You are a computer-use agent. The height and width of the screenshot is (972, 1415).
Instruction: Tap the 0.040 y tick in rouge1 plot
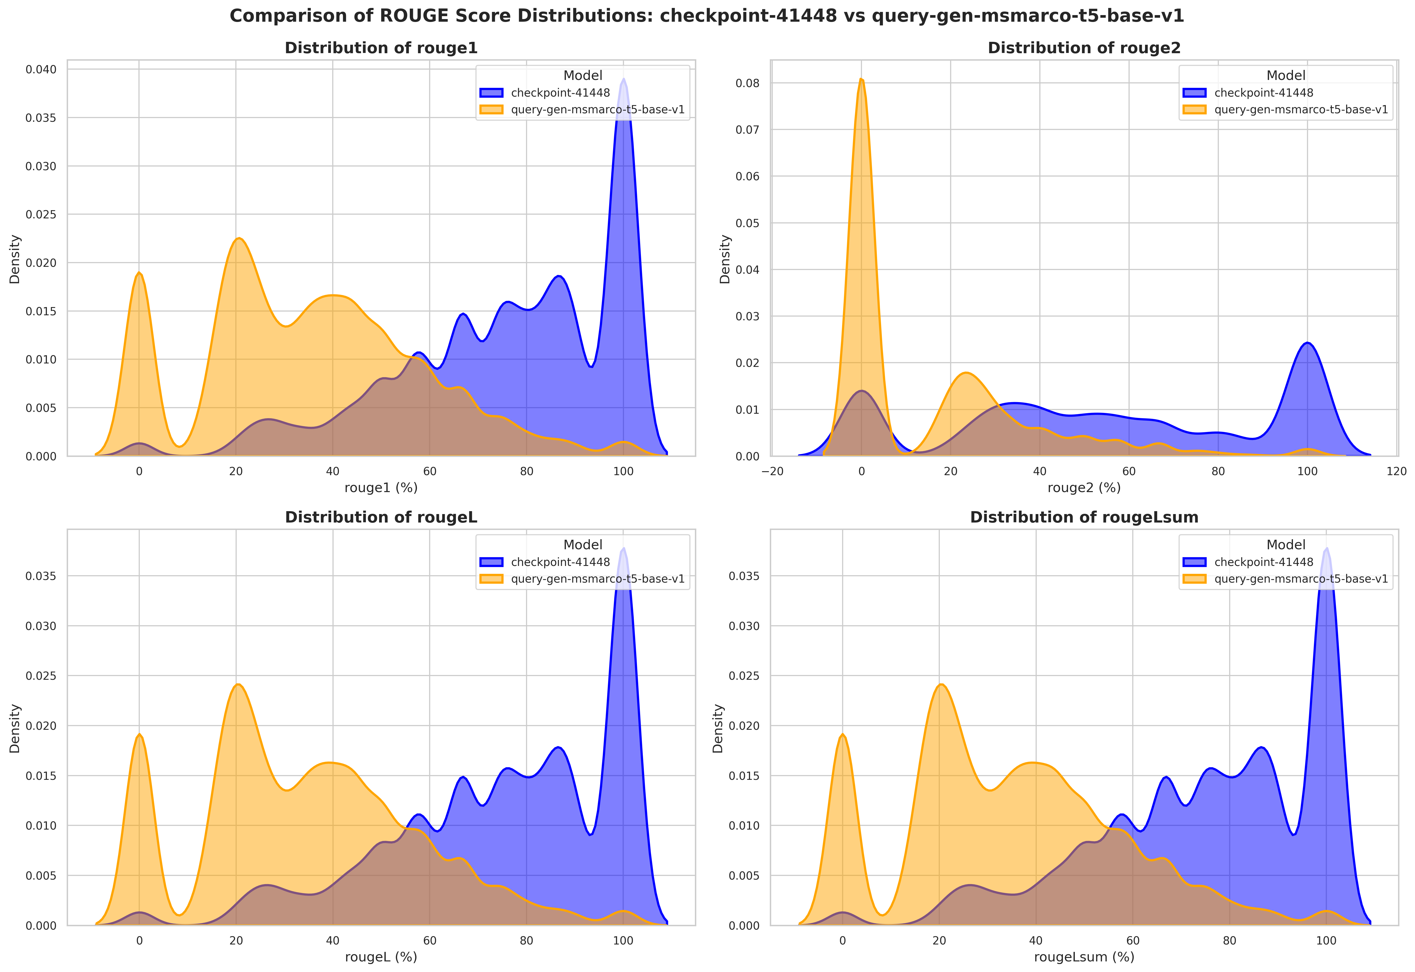coord(41,69)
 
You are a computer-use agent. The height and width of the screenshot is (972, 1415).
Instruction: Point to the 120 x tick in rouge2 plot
coord(1396,471)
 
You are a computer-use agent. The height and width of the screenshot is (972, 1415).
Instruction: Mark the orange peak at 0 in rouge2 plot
coord(861,80)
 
